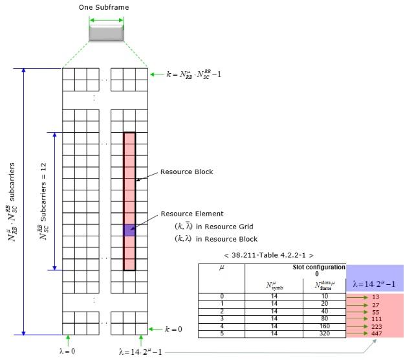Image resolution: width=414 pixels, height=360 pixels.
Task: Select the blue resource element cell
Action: pos(129,230)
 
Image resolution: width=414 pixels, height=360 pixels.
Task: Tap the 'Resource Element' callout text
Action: pos(191,213)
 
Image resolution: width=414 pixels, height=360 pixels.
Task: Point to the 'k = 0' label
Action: pos(173,329)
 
